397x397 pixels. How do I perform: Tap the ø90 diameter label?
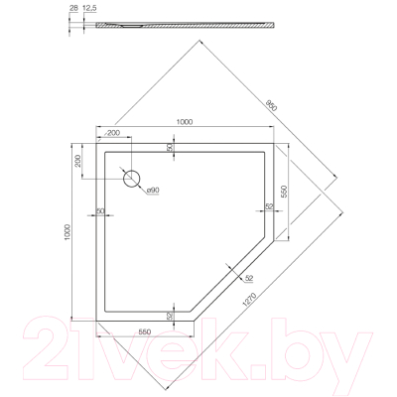point(152,190)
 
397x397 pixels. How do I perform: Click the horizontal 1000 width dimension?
point(184,121)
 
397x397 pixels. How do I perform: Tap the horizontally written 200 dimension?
point(112,132)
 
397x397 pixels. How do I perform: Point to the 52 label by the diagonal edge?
point(247,279)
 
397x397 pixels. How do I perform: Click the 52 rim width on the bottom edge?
point(170,316)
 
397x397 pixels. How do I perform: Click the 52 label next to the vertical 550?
point(269,207)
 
